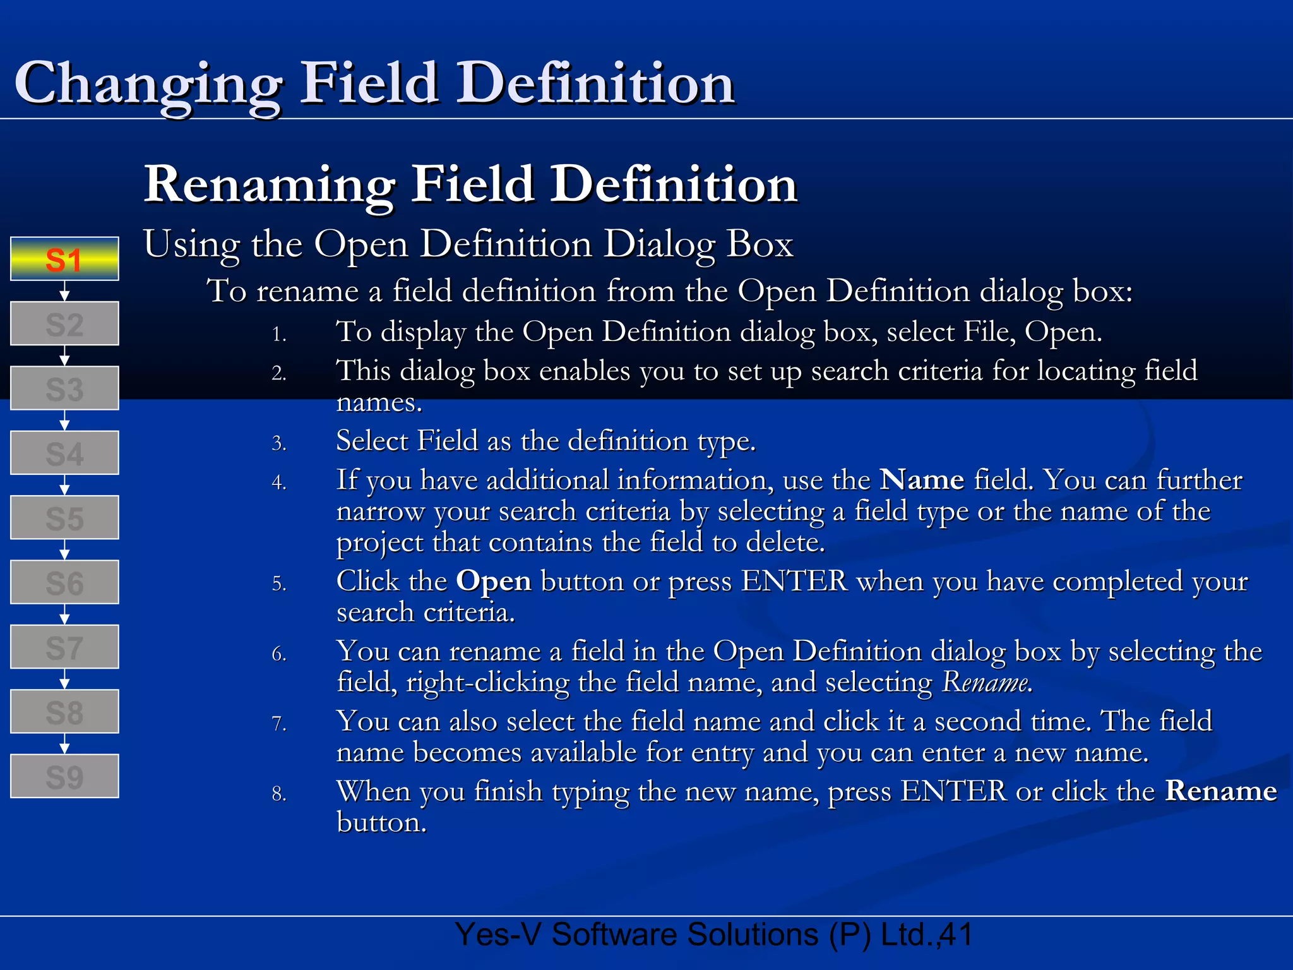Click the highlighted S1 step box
[64, 259]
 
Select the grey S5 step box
[64, 518]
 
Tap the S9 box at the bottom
[64, 776]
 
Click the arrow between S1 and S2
[64, 291]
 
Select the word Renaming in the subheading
[270, 184]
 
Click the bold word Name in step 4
[922, 480]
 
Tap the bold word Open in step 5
[494, 581]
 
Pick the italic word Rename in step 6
[987, 683]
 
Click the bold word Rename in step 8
[1220, 791]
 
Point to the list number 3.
[279, 443]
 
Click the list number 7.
[279, 724]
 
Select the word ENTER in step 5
[794, 581]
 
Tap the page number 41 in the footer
[956, 935]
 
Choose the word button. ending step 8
[381, 823]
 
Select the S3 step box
[64, 388]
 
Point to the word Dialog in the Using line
[658, 244]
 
